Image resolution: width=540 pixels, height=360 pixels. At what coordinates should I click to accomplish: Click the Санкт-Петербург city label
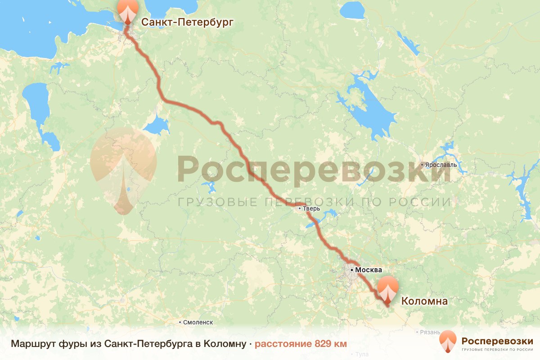[x=188, y=22]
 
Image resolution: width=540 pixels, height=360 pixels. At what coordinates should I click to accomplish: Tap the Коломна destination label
[x=424, y=301]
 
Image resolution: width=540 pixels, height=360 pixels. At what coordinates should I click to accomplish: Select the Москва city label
[x=369, y=270]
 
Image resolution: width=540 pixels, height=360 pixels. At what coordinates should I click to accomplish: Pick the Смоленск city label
[x=198, y=322]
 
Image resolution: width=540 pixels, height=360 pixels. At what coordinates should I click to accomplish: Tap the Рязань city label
[x=429, y=332]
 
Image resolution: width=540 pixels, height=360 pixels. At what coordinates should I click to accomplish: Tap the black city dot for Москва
[x=352, y=270]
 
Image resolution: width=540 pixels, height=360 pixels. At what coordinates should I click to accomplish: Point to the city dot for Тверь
[x=299, y=208]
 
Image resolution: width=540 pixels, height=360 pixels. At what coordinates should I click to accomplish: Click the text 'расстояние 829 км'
[x=301, y=344]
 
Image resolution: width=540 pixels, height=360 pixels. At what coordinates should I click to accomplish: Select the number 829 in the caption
[x=324, y=344]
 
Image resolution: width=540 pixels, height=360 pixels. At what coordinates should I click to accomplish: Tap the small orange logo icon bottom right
[x=448, y=342]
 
